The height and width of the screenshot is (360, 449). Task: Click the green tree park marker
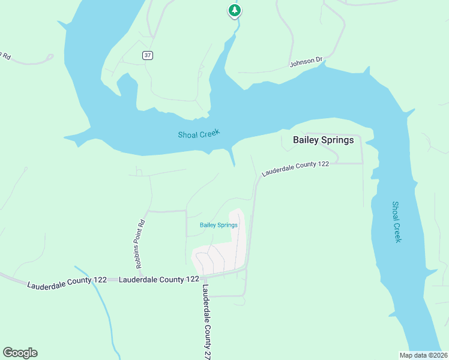[234, 10]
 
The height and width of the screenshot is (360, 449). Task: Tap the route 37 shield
[148, 55]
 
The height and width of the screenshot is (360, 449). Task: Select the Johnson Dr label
[306, 62]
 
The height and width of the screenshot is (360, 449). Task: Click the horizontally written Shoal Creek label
[199, 134]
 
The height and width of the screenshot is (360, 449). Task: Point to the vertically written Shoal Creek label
[397, 221]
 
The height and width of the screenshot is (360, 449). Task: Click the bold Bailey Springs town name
[323, 140]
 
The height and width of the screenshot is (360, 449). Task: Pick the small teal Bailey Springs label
[218, 225]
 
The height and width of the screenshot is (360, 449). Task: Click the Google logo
[20, 353]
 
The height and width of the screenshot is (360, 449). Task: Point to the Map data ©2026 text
[423, 355]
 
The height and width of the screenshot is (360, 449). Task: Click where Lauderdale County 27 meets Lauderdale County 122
[205, 278]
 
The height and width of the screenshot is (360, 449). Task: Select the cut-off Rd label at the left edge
[6, 56]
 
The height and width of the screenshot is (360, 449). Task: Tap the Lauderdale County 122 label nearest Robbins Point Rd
[159, 280]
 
